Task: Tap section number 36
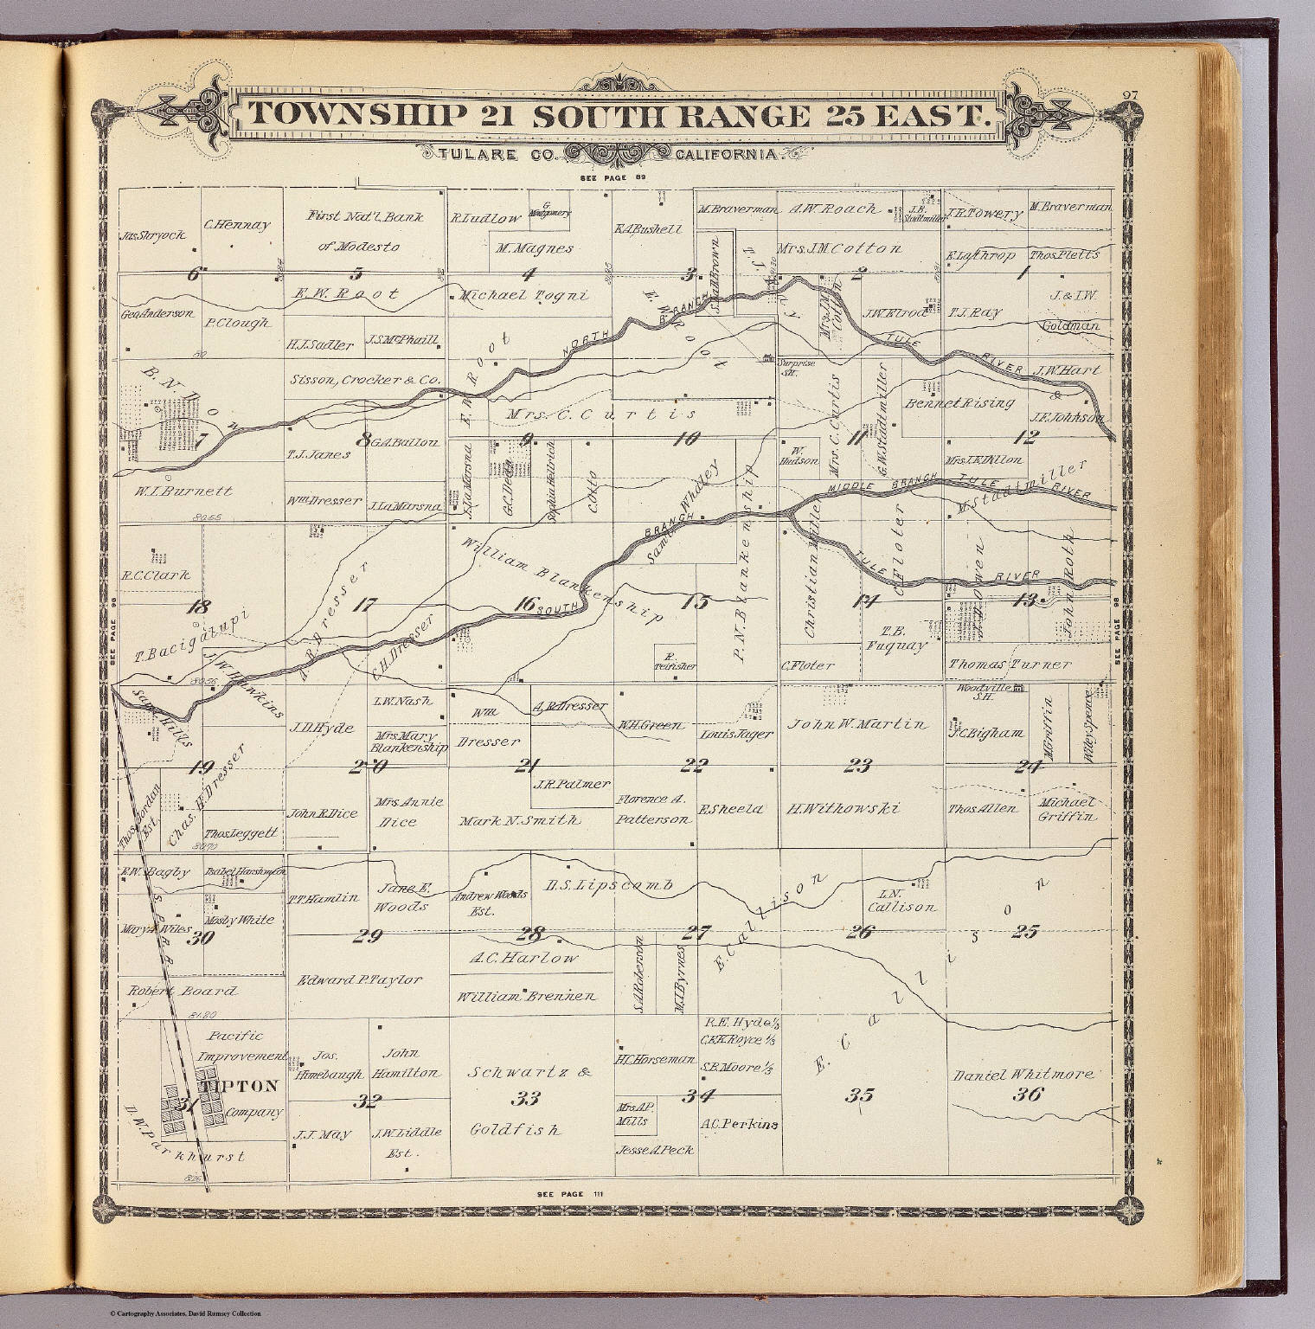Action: coord(1027,1094)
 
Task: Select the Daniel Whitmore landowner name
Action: coord(1023,1075)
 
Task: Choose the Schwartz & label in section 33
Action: coord(529,1073)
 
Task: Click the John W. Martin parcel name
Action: coord(856,724)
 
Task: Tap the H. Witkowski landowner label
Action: coord(843,809)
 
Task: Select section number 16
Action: coord(523,605)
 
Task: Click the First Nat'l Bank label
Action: coord(364,216)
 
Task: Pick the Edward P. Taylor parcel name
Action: coord(360,980)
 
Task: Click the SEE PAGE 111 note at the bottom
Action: coord(569,1194)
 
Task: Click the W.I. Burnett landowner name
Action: coord(183,491)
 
